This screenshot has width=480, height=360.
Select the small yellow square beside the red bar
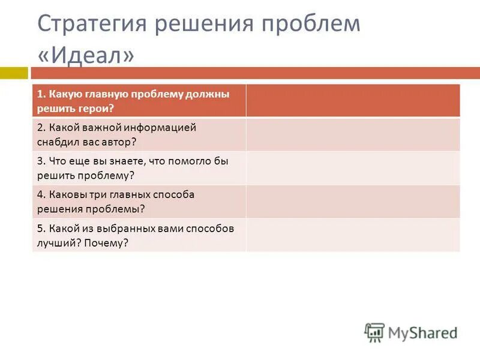coord(13,73)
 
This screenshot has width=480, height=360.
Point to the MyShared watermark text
coord(422,334)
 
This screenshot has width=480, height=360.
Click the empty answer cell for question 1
coord(353,101)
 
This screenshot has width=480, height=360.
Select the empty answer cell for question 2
coord(353,134)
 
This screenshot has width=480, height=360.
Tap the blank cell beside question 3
coord(353,168)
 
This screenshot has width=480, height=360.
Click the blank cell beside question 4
coord(353,202)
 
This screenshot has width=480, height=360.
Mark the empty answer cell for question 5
coord(353,235)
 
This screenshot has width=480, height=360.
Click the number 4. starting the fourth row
coord(40,194)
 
